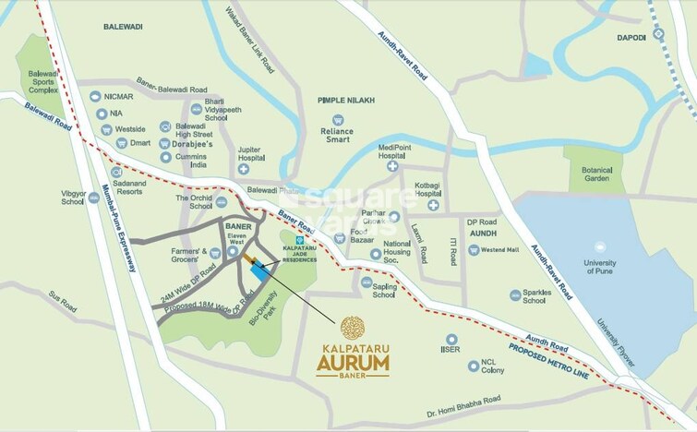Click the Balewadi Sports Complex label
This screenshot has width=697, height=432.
click(x=42, y=80)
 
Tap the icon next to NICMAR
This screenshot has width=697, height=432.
click(x=94, y=96)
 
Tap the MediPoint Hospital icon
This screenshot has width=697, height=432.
click(x=392, y=167)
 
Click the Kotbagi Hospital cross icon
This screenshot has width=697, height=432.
click(x=432, y=205)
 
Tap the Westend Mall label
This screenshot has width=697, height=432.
click(x=499, y=249)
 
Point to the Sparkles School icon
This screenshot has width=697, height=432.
click(x=516, y=294)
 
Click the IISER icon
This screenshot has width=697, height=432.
click(x=451, y=339)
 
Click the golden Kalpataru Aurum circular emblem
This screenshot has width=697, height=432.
click(x=353, y=328)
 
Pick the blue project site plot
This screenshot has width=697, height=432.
click(x=261, y=271)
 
